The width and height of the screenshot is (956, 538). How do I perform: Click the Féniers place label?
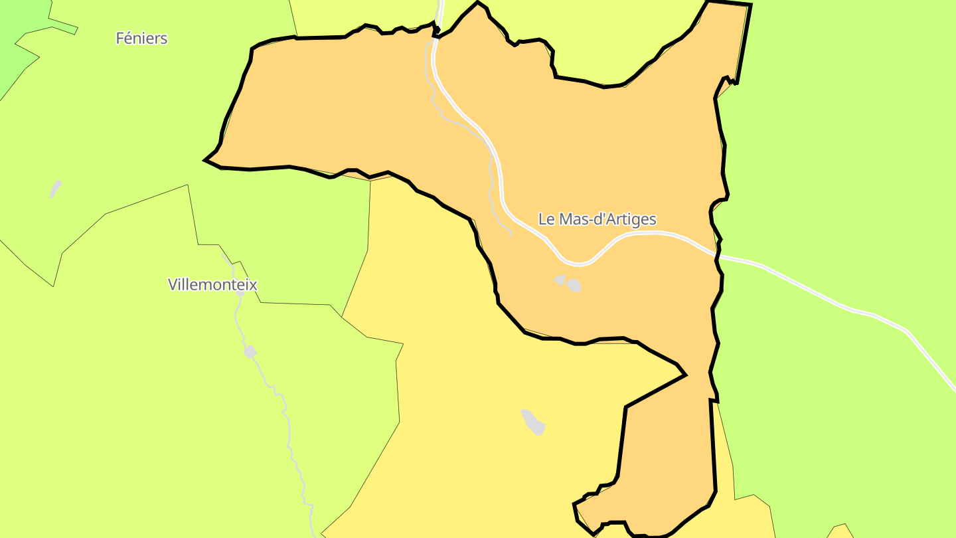tap(141, 39)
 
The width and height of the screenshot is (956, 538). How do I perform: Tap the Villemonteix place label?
tap(212, 285)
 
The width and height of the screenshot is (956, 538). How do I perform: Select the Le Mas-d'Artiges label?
tap(597, 219)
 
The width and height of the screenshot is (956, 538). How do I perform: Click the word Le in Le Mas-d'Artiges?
tap(546, 219)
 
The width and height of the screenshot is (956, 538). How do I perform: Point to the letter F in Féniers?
tap(120, 39)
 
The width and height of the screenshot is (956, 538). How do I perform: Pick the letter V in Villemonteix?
tap(173, 285)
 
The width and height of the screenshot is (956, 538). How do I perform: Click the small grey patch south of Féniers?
tap(55, 189)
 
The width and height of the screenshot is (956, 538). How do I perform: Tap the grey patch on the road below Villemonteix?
tap(250, 351)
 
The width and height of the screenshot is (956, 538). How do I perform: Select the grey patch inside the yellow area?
tap(534, 422)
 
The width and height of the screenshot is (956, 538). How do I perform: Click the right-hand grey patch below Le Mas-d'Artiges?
tap(574, 286)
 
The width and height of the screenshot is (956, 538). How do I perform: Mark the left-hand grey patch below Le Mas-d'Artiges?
tap(560, 280)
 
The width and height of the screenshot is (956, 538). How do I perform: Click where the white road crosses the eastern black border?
tap(717, 254)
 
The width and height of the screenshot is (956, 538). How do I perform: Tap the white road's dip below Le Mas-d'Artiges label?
tap(578, 264)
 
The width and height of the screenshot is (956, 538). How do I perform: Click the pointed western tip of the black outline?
tap(205, 160)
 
